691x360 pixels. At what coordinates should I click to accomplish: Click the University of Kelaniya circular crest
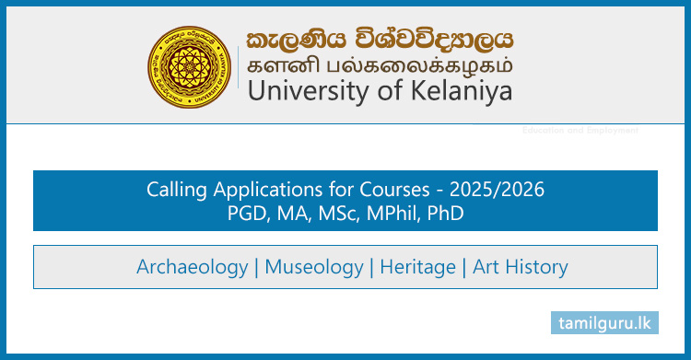pyautogui.click(x=192, y=64)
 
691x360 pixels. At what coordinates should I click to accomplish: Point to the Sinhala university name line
pyautogui.click(x=379, y=40)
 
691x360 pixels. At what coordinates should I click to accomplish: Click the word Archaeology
pyautogui.click(x=192, y=267)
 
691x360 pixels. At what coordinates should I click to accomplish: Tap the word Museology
pyautogui.click(x=314, y=267)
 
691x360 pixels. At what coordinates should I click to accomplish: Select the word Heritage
pyautogui.click(x=418, y=267)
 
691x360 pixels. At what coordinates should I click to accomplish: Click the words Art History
pyautogui.click(x=521, y=267)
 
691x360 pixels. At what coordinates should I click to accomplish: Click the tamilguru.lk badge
pyautogui.click(x=605, y=322)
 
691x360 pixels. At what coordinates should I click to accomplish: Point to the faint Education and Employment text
pyautogui.click(x=580, y=131)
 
